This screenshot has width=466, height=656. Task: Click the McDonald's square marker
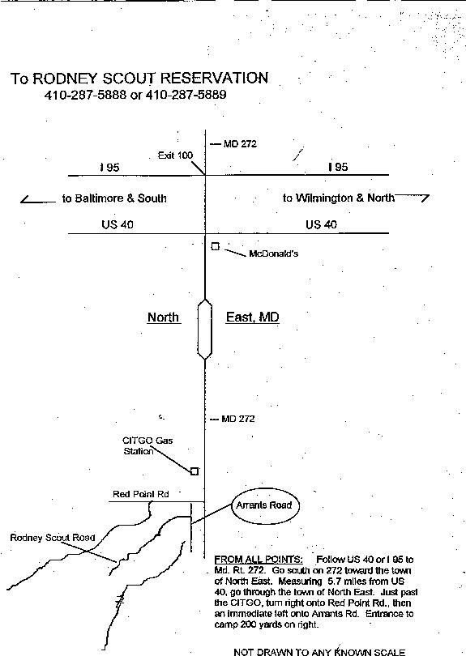click(216, 246)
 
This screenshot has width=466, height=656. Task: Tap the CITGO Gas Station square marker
click(195, 471)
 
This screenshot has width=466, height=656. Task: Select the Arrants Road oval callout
click(263, 505)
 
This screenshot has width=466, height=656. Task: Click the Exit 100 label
click(175, 155)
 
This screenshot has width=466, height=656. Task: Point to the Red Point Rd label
click(141, 494)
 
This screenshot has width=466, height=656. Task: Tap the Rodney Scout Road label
click(53, 538)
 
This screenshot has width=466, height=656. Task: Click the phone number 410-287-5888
click(85, 95)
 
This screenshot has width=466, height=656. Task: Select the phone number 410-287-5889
click(186, 95)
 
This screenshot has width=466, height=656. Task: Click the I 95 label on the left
click(109, 168)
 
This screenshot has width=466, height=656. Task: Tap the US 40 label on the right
click(321, 224)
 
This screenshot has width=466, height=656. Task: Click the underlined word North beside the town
click(163, 317)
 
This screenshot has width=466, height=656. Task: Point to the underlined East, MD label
click(253, 317)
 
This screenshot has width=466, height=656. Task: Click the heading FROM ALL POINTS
click(259, 560)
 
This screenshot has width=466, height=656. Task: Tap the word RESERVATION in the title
click(215, 79)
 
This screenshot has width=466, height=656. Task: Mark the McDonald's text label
click(274, 253)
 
